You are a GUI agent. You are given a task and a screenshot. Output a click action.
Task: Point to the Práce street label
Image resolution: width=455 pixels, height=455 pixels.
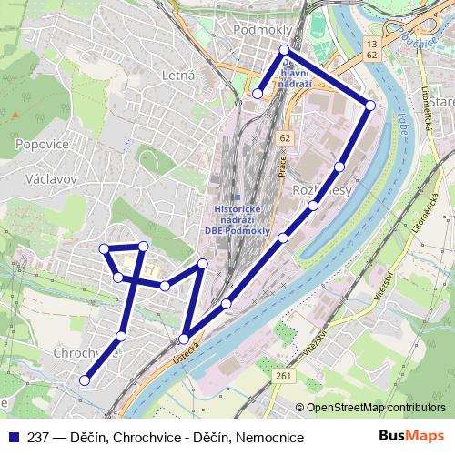[x=282, y=167]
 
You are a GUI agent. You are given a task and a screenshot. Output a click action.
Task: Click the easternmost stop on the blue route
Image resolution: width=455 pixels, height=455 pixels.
[x=369, y=106]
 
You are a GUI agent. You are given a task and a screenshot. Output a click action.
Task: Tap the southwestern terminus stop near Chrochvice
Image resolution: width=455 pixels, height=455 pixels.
[x=85, y=380]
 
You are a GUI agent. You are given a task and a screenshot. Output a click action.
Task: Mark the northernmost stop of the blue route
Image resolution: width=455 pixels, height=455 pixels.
[x=284, y=49]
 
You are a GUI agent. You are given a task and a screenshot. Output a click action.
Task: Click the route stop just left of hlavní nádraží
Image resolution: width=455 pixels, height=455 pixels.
[x=258, y=93]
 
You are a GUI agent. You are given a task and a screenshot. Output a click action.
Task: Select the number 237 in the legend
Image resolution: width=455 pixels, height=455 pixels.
[x=40, y=437]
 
